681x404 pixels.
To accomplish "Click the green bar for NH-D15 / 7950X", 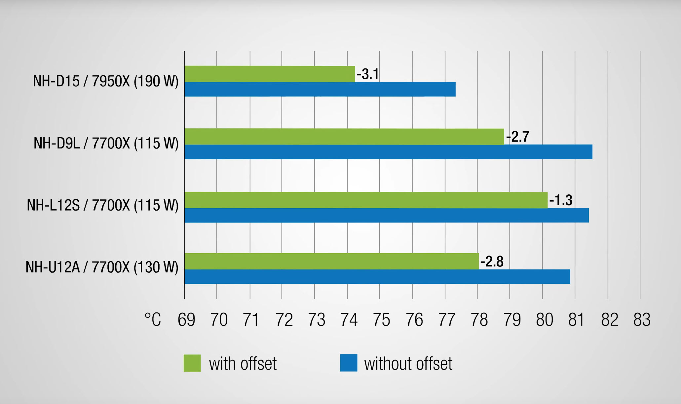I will pos(270,74).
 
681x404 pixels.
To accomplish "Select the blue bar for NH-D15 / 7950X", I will pos(320,89).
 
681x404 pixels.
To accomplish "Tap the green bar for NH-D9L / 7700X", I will pos(344,137).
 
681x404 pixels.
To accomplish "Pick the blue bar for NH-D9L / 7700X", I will pos(388,152).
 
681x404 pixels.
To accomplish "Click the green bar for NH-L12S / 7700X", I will pos(366,200).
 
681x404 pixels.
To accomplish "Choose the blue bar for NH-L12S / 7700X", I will pos(387,215).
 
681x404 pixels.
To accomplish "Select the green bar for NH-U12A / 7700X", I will pos(331,261).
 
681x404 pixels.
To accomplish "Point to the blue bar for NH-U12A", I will pos(377,277).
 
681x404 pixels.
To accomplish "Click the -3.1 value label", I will pos(368,74).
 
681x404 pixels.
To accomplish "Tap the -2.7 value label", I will pos(518,137).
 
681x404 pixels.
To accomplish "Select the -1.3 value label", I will pos(561,200).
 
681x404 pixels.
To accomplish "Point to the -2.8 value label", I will pos(492,262).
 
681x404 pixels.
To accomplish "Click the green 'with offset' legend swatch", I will pos(192,363).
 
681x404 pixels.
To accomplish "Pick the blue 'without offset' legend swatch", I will pos(349,363).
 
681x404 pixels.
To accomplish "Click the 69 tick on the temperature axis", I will pos(186,320).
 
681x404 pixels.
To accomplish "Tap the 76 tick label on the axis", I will pos(414,320).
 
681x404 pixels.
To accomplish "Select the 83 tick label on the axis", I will pos(642,320).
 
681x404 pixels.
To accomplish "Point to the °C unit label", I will pos(153,320).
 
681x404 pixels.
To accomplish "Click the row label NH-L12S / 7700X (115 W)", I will pos(102,205).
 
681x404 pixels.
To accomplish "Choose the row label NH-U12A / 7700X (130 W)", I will pos(102,267).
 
